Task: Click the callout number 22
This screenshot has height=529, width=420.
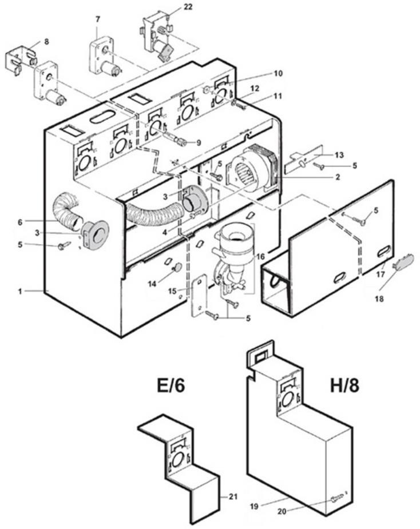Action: (172, 7)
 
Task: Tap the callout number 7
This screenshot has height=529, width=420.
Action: (98, 19)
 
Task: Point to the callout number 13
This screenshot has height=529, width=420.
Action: (339, 154)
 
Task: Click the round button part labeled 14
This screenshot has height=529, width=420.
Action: (177, 267)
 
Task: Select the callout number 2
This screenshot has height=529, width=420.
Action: (338, 177)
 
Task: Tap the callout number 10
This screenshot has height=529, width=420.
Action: (278, 73)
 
